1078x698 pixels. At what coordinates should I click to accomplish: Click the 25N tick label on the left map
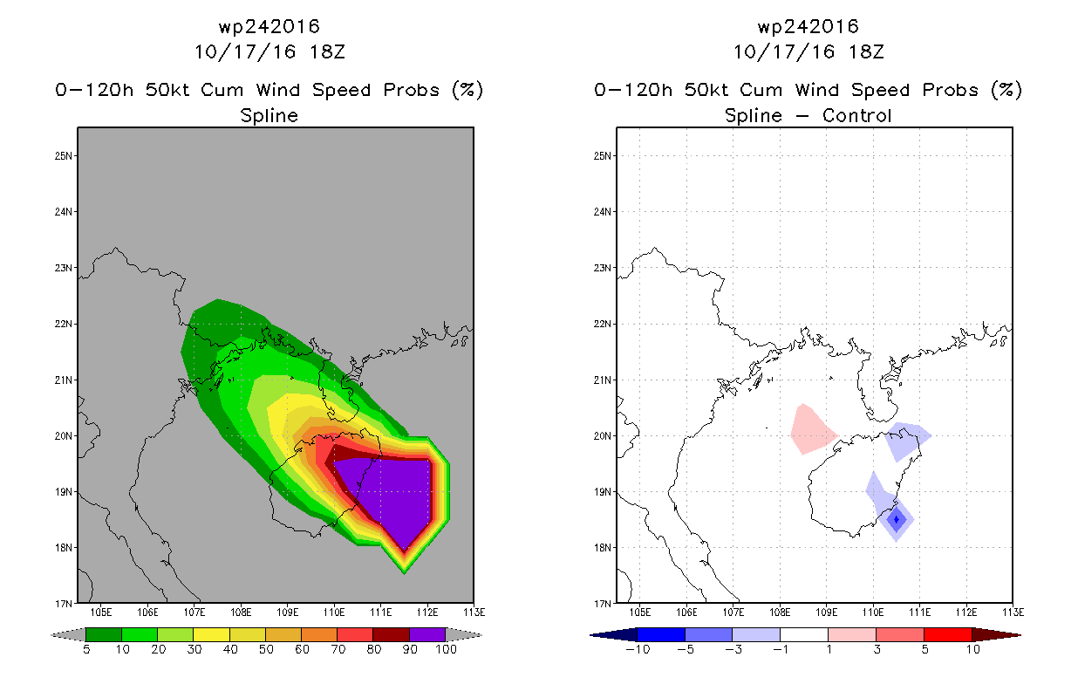(x=63, y=156)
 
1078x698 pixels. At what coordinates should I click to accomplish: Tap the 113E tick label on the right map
(x=1013, y=612)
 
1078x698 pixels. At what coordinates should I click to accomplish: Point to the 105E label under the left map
(x=101, y=612)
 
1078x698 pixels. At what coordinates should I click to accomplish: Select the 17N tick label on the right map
(x=602, y=604)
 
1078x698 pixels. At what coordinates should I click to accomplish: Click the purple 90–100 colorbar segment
(x=427, y=634)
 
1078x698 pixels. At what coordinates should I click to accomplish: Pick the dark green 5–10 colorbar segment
(x=104, y=634)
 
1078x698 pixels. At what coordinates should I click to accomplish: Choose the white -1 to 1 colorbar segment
(x=804, y=634)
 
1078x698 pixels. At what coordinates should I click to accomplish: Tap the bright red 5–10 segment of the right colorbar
(x=948, y=634)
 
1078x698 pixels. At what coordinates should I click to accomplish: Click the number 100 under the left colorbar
(x=446, y=649)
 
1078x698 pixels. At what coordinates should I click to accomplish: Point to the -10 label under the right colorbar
(x=638, y=649)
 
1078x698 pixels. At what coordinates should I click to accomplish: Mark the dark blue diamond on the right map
(x=896, y=519)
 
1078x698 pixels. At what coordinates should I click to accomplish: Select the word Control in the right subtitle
(x=857, y=115)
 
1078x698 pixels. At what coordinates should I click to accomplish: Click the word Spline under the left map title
(x=269, y=115)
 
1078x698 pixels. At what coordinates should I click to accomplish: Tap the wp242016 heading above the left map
(x=269, y=26)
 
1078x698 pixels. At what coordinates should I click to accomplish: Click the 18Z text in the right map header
(x=866, y=51)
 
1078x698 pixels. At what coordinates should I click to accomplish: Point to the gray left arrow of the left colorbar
(x=68, y=634)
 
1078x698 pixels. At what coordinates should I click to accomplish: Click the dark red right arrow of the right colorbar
(x=997, y=634)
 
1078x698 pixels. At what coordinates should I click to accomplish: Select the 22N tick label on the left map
(x=63, y=324)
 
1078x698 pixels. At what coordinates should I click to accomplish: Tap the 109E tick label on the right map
(x=826, y=612)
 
